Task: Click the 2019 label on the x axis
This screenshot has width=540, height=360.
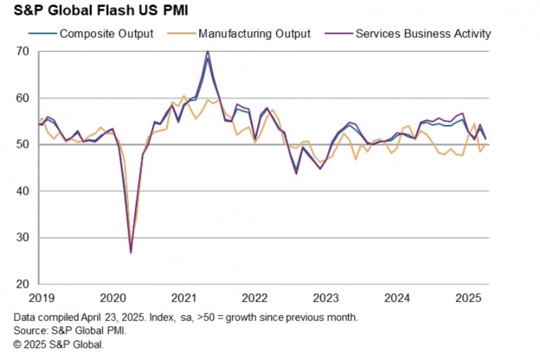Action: tap(42, 298)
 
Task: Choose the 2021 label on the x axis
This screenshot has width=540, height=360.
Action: tap(184, 298)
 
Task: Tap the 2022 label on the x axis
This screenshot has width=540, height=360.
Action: tap(255, 298)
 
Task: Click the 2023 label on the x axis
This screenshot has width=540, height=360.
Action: tap(327, 298)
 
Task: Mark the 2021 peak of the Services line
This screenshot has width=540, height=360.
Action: tap(207, 51)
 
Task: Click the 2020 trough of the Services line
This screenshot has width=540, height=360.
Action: tap(130, 253)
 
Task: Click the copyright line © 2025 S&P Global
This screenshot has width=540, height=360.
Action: tap(59, 344)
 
